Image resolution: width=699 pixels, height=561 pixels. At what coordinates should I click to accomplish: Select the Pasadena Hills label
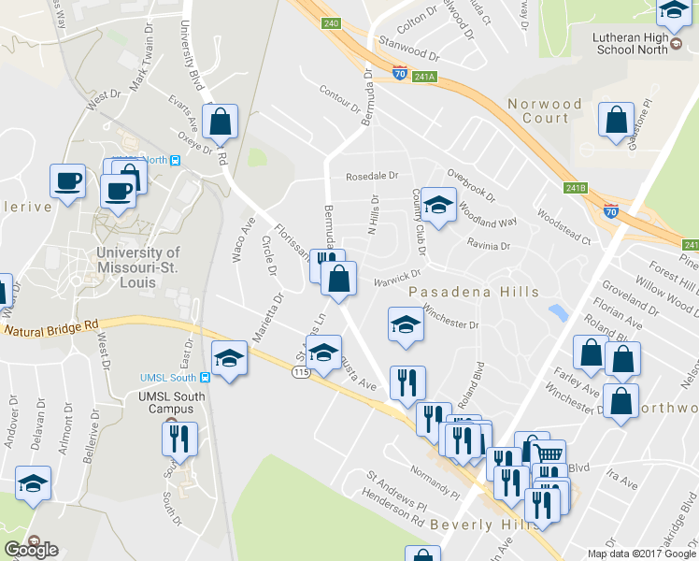pyautogui.click(x=474, y=293)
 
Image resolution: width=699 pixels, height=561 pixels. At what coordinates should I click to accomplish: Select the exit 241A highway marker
pyautogui.click(x=426, y=77)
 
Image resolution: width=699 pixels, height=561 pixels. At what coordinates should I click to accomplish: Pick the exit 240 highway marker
pyautogui.click(x=330, y=22)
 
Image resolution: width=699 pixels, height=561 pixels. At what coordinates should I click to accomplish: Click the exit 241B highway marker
pyautogui.click(x=576, y=188)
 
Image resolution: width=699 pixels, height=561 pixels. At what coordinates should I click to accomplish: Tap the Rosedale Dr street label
pyautogui.click(x=372, y=176)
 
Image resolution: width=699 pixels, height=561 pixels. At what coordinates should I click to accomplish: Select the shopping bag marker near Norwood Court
pyautogui.click(x=616, y=122)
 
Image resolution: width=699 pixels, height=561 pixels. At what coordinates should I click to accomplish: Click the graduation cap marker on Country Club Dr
pyautogui.click(x=437, y=204)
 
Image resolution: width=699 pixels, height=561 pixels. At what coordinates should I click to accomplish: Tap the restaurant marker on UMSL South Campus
pyautogui.click(x=179, y=438)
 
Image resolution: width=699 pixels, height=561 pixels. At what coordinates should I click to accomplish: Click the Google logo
pyautogui.click(x=31, y=549)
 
